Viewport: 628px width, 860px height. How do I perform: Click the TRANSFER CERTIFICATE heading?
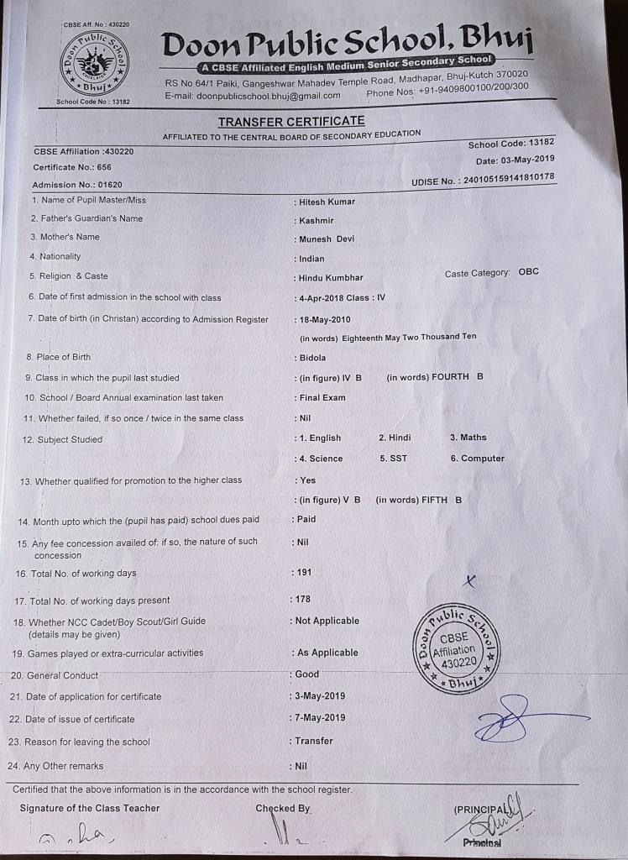point(291,122)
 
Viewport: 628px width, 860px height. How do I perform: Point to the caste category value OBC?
point(529,273)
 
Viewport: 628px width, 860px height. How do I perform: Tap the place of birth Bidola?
point(313,358)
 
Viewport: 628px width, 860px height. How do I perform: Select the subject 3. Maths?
point(468,438)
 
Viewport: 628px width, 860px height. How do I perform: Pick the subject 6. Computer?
point(477,459)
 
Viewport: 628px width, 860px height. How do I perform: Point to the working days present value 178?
point(303,599)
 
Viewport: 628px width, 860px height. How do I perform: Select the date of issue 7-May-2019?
point(320,718)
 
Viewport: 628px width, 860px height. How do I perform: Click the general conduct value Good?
point(307,674)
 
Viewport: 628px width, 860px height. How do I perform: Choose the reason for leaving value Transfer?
point(314,741)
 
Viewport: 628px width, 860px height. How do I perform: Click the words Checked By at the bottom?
point(283,808)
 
